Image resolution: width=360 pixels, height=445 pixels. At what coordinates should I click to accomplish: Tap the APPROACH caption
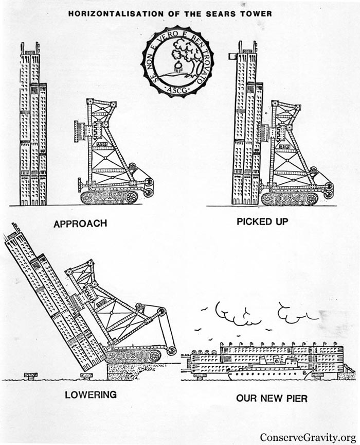coord(80,224)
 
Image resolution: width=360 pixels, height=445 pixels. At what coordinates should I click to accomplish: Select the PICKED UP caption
coord(262,222)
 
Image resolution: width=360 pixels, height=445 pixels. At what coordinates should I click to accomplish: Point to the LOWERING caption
coord(91,395)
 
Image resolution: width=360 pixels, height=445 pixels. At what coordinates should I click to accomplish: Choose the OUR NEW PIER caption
coord(272,398)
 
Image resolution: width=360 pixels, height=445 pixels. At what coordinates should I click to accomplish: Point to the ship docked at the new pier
coord(267,369)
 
